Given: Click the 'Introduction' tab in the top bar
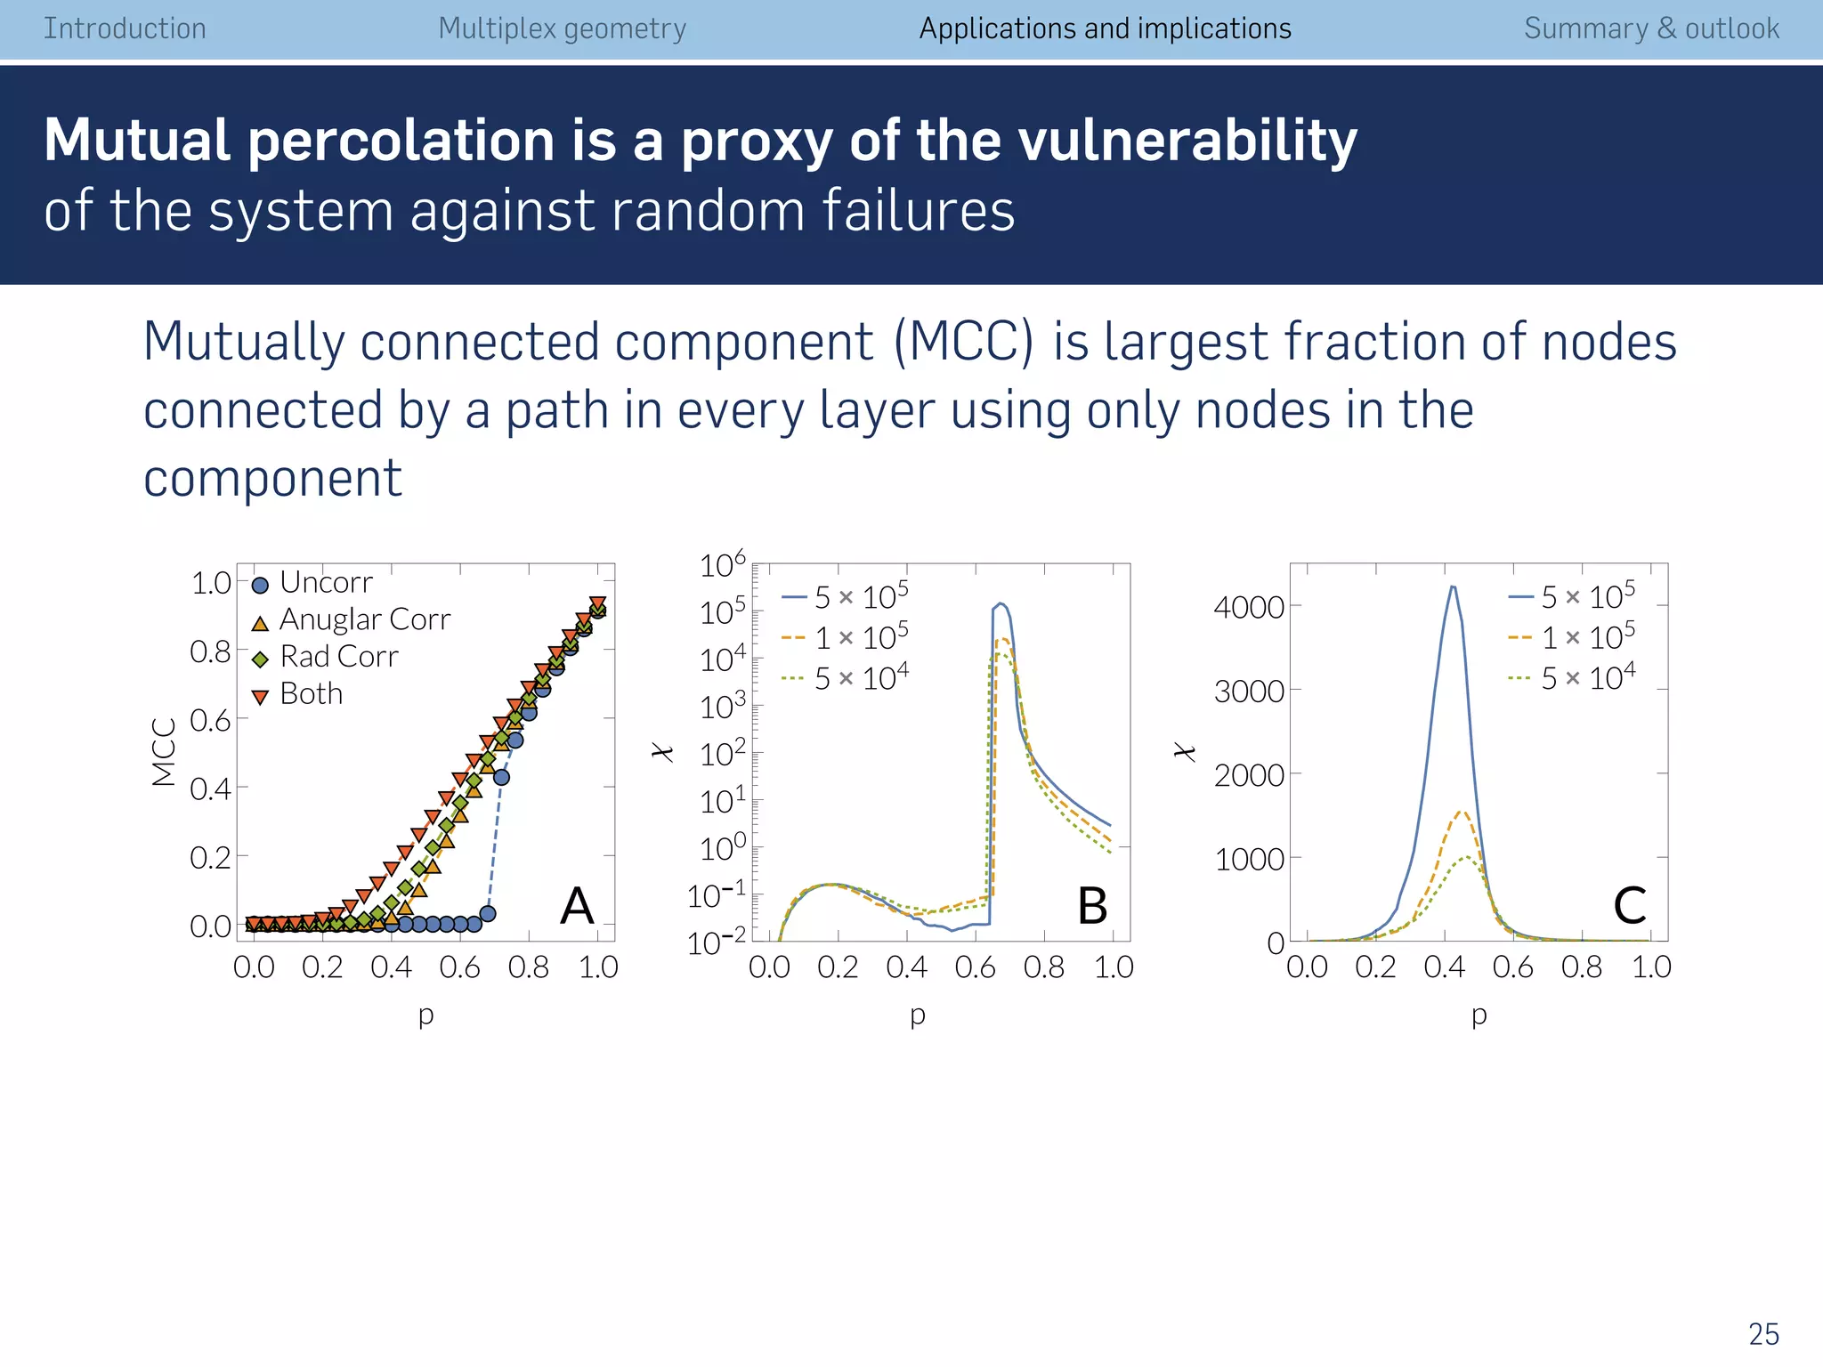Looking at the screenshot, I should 125,28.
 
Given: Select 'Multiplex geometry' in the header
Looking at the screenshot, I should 562,28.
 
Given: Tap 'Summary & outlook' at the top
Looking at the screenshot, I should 1651,28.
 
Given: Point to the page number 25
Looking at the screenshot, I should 1763,1334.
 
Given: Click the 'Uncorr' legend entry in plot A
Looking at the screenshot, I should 325,582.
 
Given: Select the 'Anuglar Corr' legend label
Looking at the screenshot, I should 364,619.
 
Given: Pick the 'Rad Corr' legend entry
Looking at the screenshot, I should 338,656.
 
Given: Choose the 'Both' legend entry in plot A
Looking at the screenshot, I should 311,693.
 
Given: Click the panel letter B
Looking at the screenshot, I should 1091,906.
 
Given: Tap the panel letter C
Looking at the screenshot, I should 1629,906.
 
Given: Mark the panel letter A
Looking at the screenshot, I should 577,906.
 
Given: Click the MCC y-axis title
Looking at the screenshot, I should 164,752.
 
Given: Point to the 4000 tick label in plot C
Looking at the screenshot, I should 1249,608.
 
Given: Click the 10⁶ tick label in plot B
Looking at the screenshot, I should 722,565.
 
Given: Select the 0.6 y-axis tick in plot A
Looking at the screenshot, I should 210,720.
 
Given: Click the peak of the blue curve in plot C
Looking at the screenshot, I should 1453,586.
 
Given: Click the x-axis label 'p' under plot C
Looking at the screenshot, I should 1479,1015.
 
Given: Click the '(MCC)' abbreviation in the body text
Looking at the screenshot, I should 965,342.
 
